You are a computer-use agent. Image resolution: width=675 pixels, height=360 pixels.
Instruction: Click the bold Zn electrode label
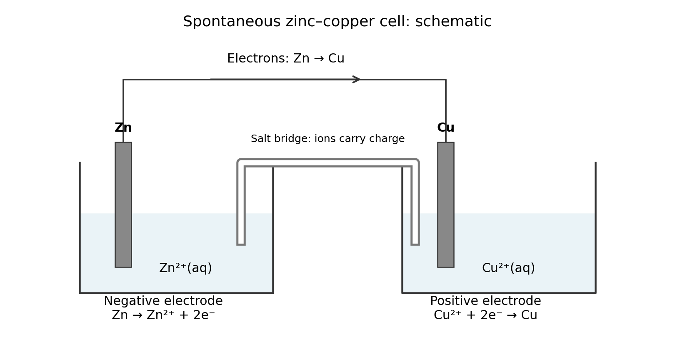point(123,127)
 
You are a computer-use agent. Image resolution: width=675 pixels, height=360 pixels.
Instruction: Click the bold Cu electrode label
point(446,127)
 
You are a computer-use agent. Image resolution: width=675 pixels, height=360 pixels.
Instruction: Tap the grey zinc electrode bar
point(123,205)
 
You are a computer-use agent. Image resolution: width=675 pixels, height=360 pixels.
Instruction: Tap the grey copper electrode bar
point(446,205)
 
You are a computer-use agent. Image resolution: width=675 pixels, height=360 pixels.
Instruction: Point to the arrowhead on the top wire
point(357,80)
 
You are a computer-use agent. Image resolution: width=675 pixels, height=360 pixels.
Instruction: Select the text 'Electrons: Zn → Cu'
point(286,58)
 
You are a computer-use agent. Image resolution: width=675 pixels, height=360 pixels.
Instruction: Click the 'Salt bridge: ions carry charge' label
point(327,139)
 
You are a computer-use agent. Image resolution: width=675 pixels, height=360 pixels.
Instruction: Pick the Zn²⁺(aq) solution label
point(185,268)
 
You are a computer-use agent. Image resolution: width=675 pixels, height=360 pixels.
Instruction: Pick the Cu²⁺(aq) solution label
point(508,268)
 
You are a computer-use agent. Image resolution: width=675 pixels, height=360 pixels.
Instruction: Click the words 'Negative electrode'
point(163,301)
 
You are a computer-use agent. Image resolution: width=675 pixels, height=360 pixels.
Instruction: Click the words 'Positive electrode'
point(485,301)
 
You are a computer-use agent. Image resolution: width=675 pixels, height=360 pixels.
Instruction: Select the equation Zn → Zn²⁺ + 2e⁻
point(163,315)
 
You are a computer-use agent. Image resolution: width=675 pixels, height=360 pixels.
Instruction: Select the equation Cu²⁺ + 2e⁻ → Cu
point(485,315)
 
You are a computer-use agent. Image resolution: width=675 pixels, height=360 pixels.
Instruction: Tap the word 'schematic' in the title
point(453,21)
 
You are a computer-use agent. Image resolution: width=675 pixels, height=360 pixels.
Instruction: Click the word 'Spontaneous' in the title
point(232,21)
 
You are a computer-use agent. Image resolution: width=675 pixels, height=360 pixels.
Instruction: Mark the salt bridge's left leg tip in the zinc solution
point(241,244)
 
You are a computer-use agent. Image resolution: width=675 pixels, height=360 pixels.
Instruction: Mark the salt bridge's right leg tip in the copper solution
point(415,244)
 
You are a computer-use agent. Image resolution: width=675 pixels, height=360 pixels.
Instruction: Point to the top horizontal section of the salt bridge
point(328,162)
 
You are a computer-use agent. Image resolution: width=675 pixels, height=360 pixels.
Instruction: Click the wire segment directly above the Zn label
point(123,100)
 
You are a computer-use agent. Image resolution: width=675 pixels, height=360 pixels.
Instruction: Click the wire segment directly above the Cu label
point(446,100)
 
